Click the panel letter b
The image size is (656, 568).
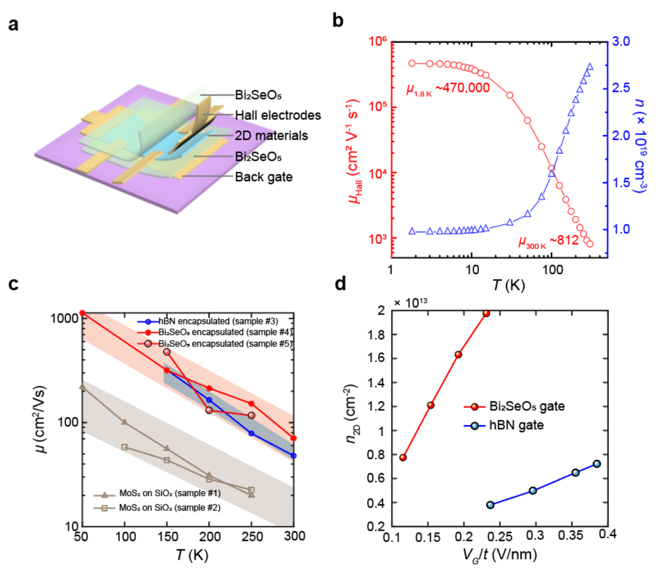[338, 21]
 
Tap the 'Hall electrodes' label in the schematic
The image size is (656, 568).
[278, 115]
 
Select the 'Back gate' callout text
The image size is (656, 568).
[263, 177]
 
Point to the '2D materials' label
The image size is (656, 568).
[271, 136]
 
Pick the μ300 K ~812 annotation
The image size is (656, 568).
[548, 241]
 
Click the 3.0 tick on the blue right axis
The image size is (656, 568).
[621, 41]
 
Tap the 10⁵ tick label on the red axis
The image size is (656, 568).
[378, 107]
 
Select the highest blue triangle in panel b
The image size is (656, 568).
[589, 67]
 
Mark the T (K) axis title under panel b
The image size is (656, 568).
[508, 285]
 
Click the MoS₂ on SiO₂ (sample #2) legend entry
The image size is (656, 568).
[170, 507]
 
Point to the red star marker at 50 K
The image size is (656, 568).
[82, 313]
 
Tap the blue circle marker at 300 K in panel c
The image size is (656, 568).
[294, 456]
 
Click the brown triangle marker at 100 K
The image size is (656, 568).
[124, 422]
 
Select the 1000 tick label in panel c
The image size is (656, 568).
[64, 318]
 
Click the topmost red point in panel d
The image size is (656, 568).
[486, 313]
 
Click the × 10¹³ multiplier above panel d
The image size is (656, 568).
[410, 303]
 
